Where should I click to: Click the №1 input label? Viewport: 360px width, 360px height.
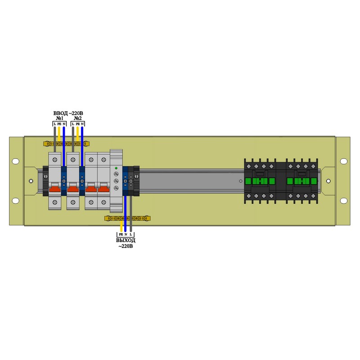[58, 118]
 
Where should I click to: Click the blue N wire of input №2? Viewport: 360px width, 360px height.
[82, 135]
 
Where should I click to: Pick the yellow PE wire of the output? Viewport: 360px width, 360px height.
[121, 225]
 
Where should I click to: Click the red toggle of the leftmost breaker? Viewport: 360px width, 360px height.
[55, 189]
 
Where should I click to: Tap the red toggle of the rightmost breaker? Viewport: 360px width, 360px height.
[103, 189]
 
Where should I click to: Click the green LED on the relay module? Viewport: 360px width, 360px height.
[116, 168]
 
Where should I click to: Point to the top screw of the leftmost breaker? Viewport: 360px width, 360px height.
[55, 159]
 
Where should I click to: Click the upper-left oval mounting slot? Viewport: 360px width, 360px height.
[16, 161]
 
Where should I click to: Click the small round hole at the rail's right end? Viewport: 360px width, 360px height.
[328, 181]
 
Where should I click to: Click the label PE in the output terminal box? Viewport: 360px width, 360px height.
[121, 234]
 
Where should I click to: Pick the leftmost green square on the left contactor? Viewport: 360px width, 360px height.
[254, 181]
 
